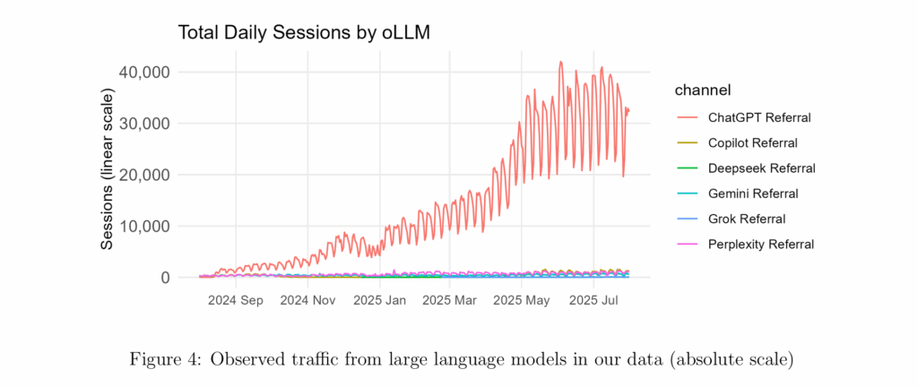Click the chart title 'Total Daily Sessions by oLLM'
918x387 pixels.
click(x=306, y=33)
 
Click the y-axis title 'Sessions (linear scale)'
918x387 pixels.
click(x=108, y=169)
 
